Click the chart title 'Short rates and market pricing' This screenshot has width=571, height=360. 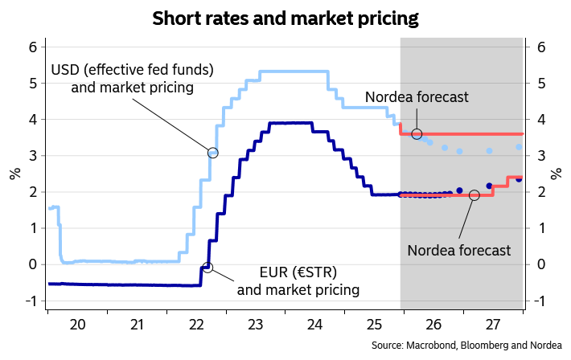pos(285,17)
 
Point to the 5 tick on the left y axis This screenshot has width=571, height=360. pos(33,84)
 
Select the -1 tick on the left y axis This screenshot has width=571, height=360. pos(31,301)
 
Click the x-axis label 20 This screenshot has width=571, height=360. pos(77,325)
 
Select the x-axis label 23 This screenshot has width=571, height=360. pos(256,325)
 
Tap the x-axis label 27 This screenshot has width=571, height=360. pos(493,325)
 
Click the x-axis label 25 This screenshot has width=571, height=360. pos(374,325)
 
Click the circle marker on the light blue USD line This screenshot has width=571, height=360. pos(213,153)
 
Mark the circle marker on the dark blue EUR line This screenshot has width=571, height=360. pos(207,267)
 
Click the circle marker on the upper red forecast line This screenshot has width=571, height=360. pos(417,133)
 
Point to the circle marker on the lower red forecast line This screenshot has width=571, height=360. pos(474,195)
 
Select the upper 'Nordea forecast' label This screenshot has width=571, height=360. pos(416,98)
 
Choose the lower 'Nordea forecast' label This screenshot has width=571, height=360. pos(458,250)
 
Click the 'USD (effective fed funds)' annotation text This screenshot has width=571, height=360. pos(132,70)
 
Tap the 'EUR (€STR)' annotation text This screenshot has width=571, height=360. pos(298,271)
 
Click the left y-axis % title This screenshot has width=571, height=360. pos(14,174)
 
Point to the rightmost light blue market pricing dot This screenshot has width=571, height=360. pos(519,147)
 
